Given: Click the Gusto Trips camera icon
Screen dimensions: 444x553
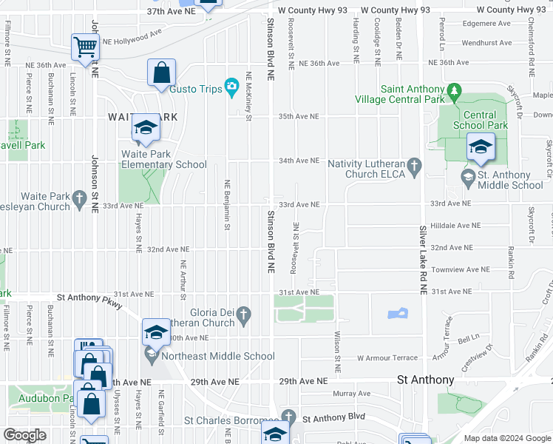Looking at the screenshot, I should (231, 89).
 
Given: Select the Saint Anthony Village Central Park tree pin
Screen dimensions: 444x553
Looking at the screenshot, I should (455, 93).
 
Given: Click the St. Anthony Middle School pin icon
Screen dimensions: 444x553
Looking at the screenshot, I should (467, 177).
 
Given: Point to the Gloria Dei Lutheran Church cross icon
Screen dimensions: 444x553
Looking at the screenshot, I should (242, 318).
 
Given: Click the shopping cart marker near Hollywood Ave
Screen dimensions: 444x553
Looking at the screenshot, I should (86, 47).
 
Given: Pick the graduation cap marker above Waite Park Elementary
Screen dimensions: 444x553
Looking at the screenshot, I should (146, 129).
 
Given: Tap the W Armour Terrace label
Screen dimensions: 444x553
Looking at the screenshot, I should (387, 357).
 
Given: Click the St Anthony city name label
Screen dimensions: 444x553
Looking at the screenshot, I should (425, 380).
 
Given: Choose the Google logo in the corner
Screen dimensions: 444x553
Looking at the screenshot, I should (24, 435).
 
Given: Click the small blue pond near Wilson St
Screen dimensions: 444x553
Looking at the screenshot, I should (398, 313).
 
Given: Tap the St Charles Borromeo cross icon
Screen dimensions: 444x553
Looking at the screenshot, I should (288, 417).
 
